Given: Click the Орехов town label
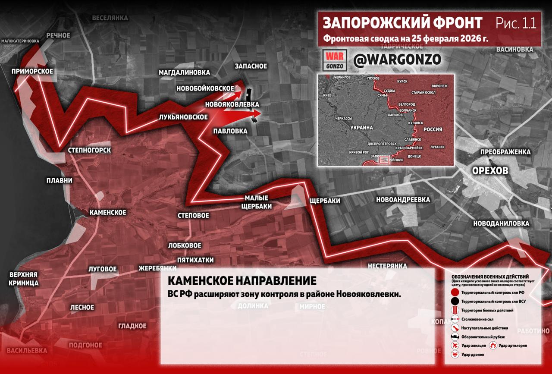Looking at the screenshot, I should pos(490,170).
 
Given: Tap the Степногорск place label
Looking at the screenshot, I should pos(89,150).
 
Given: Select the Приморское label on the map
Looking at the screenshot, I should pos(33,71).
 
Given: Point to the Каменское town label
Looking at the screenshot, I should pos(107,212).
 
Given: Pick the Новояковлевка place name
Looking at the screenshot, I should pos(232,104).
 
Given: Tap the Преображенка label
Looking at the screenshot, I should pos(505,152).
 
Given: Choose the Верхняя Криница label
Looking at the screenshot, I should pos(24,279).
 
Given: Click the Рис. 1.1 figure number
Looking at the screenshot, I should pos(516,23).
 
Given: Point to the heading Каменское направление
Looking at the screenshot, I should pos(241,281).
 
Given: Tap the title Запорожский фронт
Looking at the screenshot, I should pos(402,23).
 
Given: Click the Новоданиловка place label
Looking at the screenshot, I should pos(501,223).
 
